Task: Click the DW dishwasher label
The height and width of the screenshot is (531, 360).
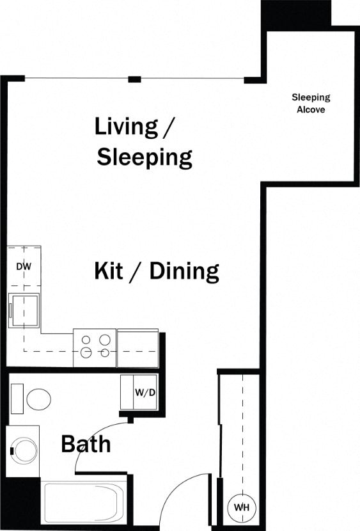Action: click(x=24, y=266)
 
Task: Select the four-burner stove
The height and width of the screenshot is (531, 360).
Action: click(x=95, y=347)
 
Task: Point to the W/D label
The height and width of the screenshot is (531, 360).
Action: click(x=145, y=392)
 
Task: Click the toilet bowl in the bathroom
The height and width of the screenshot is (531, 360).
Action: click(x=39, y=399)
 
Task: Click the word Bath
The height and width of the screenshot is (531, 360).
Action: click(x=86, y=443)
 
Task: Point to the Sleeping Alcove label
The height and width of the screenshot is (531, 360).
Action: click(x=311, y=104)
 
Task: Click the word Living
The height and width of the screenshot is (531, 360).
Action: click(x=126, y=126)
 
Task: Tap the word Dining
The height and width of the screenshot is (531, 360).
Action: click(x=184, y=271)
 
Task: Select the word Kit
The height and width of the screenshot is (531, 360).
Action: click(x=109, y=271)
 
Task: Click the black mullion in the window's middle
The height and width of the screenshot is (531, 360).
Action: click(x=134, y=79)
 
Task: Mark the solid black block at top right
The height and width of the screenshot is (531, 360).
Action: click(x=295, y=13)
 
